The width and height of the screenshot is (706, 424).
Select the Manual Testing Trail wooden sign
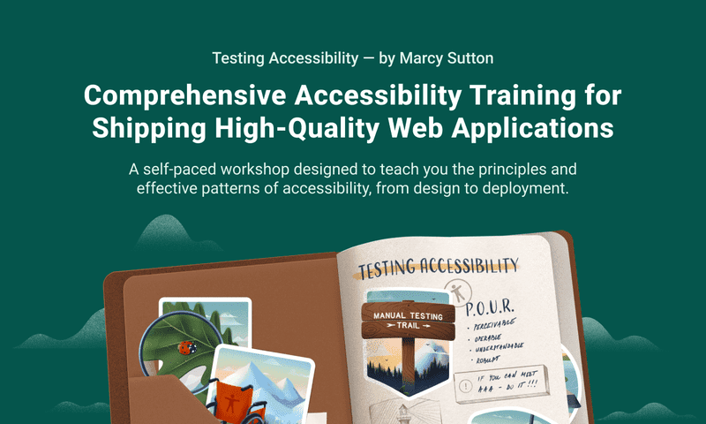(x=408, y=319)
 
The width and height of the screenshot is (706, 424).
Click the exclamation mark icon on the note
(x=465, y=386)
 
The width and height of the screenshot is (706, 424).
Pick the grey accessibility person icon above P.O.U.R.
(x=457, y=291)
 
